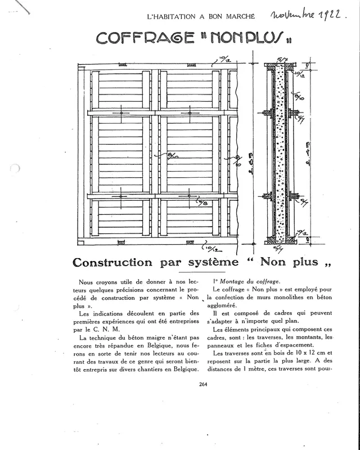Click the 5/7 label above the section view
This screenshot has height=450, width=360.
[x=281, y=59]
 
